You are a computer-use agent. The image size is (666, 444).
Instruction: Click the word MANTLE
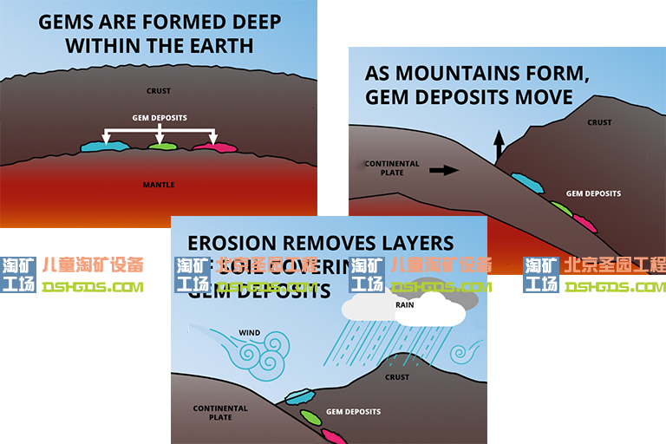(x=159, y=185)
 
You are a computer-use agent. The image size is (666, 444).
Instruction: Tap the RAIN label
(x=404, y=304)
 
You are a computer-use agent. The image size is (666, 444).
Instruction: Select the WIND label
(x=249, y=332)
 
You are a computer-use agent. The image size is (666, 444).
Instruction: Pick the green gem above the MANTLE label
(x=162, y=146)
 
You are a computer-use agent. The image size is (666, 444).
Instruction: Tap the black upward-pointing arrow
(x=499, y=145)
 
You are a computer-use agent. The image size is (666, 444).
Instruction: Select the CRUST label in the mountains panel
(x=599, y=122)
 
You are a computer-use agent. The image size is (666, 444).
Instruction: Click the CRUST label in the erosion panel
(x=397, y=377)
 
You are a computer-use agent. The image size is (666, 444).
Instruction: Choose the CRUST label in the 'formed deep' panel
(x=159, y=91)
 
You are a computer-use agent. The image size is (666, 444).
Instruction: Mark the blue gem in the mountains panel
(x=527, y=183)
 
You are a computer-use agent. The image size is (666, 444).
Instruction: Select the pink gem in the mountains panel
(x=585, y=224)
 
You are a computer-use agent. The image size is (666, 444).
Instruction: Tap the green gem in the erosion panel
(x=310, y=416)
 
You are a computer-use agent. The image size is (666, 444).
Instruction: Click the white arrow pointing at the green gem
(x=160, y=134)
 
